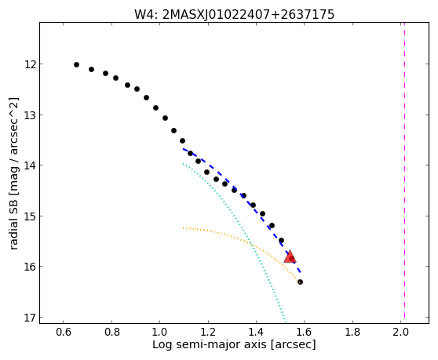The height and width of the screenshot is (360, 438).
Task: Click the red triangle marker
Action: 290,256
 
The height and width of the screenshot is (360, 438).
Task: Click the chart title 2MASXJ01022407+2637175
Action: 248,15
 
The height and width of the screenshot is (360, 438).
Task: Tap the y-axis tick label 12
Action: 30,64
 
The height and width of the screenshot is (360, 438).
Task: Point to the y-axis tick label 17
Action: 30,318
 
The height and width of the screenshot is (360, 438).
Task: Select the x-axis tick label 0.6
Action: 63,332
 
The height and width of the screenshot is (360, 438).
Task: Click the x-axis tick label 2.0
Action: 401,332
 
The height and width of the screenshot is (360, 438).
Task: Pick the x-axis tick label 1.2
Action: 208,332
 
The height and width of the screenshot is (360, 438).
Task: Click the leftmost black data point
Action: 77,65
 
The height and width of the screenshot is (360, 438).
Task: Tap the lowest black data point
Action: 300,282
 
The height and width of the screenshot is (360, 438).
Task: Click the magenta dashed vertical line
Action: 404,170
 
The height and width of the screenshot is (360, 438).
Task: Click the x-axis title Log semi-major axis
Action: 210,345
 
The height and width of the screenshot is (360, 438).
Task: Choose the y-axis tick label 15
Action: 30,216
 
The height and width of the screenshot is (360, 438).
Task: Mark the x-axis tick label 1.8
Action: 352,332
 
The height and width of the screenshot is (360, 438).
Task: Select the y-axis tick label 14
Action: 30,165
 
